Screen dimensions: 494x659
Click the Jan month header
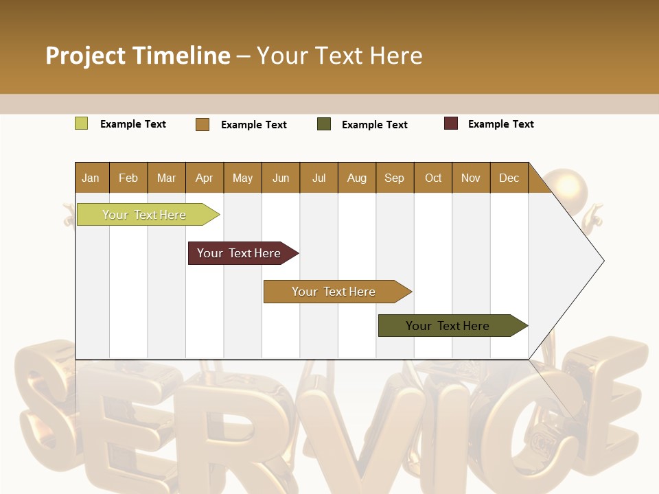[x=91, y=178]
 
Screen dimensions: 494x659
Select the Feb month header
[x=128, y=178]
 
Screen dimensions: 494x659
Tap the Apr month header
[x=204, y=178]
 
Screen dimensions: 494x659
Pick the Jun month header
[x=281, y=178]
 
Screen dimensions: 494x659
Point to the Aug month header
[x=356, y=178]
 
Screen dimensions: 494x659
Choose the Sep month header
[x=394, y=178]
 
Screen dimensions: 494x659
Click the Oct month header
[x=433, y=178]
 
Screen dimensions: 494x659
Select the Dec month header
[x=509, y=178]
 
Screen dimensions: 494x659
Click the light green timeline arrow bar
[x=145, y=215]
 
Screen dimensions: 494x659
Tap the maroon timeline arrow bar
[x=240, y=253]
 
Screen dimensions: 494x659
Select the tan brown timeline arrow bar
[x=334, y=292]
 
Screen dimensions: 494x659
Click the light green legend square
[x=81, y=123]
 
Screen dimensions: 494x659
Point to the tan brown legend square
[x=203, y=124]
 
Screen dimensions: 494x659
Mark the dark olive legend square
[x=324, y=124]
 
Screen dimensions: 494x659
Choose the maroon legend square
[x=451, y=123]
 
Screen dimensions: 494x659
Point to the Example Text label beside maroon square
[x=500, y=123]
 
